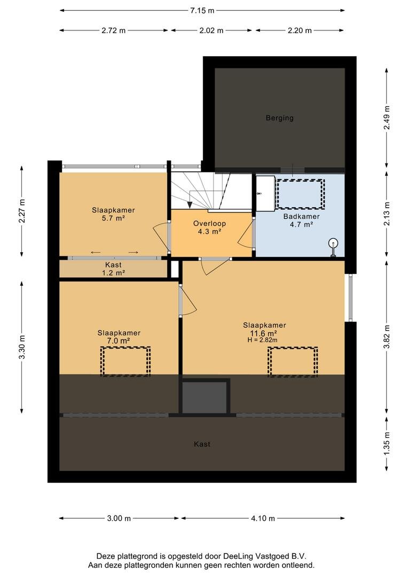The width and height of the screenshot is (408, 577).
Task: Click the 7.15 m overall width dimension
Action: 202,10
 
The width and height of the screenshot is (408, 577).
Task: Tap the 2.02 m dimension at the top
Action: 211,30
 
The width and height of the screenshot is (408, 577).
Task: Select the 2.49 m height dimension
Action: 387,118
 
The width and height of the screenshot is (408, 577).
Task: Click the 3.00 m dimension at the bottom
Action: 119,518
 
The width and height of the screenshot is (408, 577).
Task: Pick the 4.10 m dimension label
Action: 263,518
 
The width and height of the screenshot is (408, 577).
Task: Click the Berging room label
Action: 280,118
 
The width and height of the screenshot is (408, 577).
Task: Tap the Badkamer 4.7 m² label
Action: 301,221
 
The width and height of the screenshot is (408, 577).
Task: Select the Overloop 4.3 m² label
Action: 209,228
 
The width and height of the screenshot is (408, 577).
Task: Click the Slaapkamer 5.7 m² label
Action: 113,214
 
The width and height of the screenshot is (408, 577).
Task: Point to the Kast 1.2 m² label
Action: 113,269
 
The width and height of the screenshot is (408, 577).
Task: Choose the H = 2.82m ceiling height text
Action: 262,340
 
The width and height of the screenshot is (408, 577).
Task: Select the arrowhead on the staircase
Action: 190,205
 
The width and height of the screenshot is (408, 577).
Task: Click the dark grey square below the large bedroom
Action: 205,397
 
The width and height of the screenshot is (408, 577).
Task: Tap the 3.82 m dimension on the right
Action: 387,337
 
